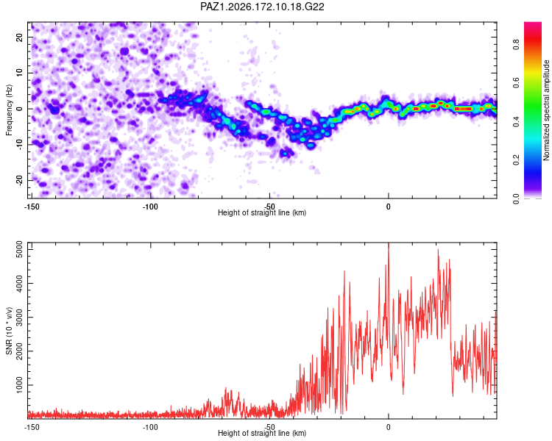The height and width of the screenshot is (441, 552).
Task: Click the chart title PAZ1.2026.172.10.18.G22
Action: point(262,7)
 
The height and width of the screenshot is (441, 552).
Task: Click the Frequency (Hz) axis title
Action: point(9,110)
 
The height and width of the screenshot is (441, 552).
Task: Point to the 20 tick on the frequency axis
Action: point(20,37)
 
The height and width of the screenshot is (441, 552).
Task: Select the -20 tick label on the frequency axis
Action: point(20,181)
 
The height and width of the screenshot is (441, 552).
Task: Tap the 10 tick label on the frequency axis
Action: point(20,73)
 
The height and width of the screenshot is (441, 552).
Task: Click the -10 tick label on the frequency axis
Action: point(20,145)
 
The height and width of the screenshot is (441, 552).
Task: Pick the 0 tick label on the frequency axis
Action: point(20,109)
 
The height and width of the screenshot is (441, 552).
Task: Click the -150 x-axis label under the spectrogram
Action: point(32,207)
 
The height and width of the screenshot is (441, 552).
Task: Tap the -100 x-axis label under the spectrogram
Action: point(150,207)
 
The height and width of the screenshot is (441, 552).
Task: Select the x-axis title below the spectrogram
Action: point(262,212)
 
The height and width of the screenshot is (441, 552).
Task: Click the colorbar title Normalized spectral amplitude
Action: point(546,110)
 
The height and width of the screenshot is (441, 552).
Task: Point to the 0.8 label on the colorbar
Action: point(516,45)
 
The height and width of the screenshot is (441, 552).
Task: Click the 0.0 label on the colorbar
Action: point(516,198)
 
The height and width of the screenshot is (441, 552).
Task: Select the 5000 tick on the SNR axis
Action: point(20,249)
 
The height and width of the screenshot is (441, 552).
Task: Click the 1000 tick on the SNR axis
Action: point(20,385)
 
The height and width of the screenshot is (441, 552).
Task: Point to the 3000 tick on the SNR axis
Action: point(20,318)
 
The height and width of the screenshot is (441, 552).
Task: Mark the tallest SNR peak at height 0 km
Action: point(389,243)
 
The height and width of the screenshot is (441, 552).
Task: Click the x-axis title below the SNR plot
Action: point(262,433)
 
